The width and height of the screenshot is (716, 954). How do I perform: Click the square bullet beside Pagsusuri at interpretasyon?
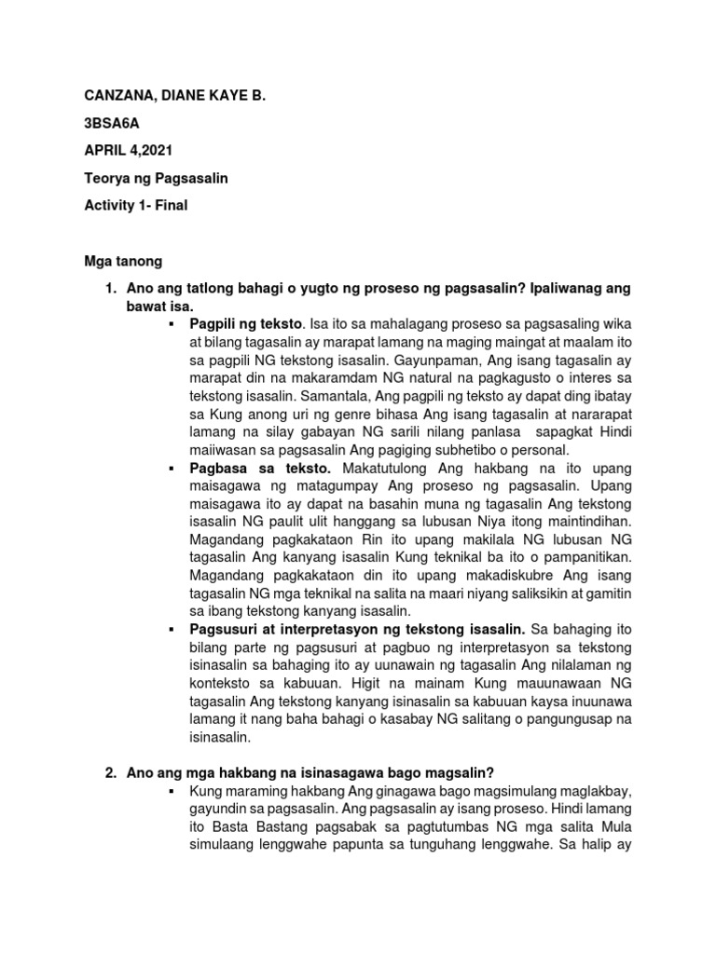click(x=174, y=631)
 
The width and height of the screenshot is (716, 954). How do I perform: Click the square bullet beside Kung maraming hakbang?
click(x=174, y=793)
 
